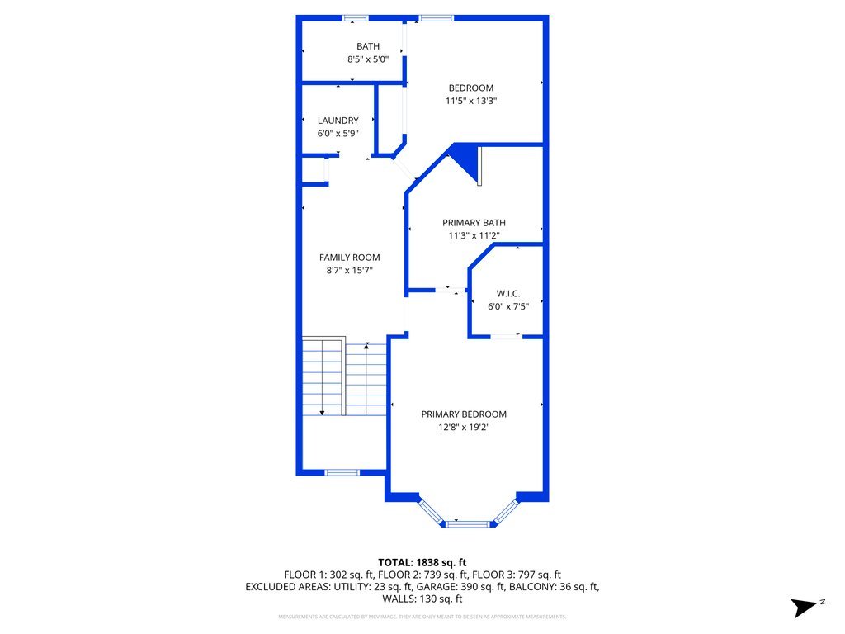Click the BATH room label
point(368,46)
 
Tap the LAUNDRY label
point(338,121)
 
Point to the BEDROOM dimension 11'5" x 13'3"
point(471,101)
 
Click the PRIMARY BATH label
point(474,223)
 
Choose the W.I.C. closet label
point(507,294)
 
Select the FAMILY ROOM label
point(350,258)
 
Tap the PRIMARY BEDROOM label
point(464,414)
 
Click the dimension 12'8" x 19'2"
point(464,427)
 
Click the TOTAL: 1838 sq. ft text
point(422,563)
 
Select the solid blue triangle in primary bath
point(466,159)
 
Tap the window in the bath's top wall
point(356,17)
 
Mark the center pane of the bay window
point(467,523)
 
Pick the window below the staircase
point(341,472)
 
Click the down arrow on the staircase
point(322,411)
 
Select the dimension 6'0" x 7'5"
point(507,306)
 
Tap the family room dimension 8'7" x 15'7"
point(350,270)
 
